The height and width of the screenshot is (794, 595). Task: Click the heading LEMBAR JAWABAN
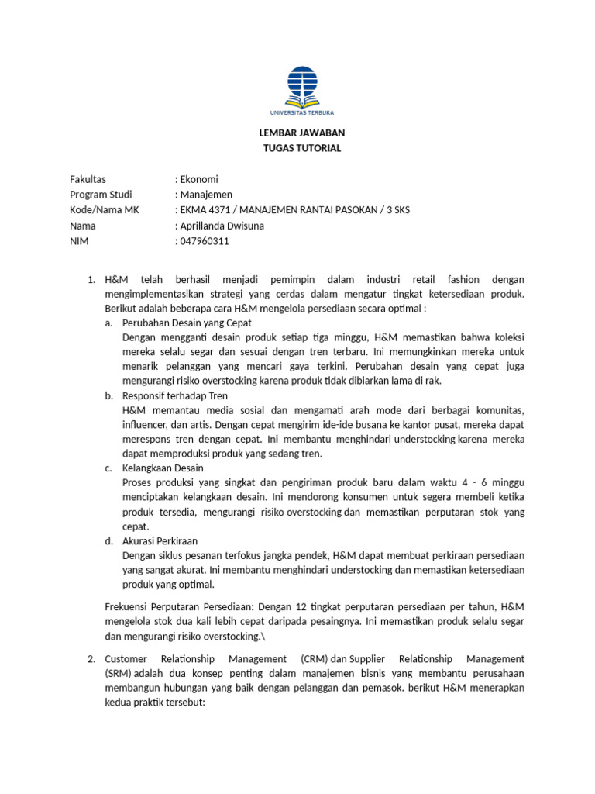tap(301, 133)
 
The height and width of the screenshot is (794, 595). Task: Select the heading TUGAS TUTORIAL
tap(301, 148)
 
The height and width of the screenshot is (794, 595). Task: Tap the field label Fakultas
tap(88, 179)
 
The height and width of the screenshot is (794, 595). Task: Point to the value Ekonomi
tap(199, 179)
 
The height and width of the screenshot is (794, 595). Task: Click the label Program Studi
tap(101, 195)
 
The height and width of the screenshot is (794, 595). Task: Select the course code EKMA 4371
tap(202, 210)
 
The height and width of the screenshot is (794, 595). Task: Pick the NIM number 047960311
tap(205, 241)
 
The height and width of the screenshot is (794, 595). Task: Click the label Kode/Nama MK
tap(105, 210)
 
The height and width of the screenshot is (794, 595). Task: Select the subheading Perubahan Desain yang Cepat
tap(187, 323)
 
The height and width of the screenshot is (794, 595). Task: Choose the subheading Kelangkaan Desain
tap(163, 468)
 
